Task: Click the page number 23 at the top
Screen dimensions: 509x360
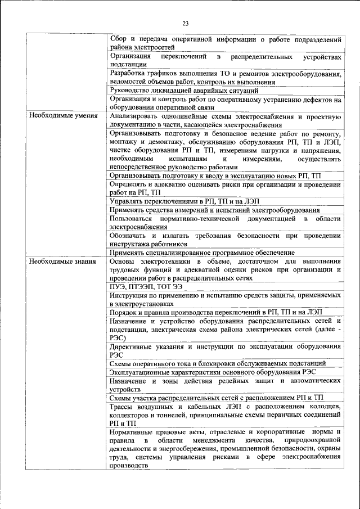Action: point(186,23)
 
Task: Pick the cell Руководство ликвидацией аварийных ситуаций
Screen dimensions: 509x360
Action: point(184,90)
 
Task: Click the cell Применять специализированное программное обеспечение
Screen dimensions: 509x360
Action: point(202,253)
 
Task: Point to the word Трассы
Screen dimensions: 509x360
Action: point(123,407)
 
